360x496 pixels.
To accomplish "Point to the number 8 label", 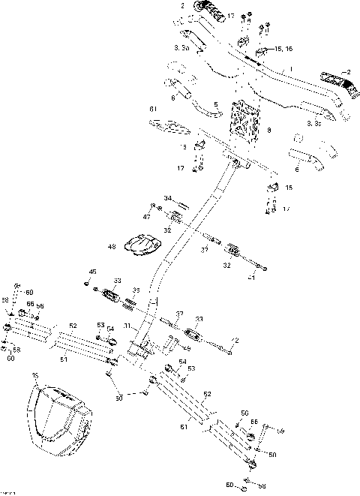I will (269, 130).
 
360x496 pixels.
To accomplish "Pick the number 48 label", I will (111, 246).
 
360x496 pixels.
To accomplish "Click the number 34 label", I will (168, 199).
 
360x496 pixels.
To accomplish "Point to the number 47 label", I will (147, 215).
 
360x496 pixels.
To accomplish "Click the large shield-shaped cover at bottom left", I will (58, 417).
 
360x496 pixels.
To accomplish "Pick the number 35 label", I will (136, 289).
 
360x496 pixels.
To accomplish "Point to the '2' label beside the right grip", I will (348, 71).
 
